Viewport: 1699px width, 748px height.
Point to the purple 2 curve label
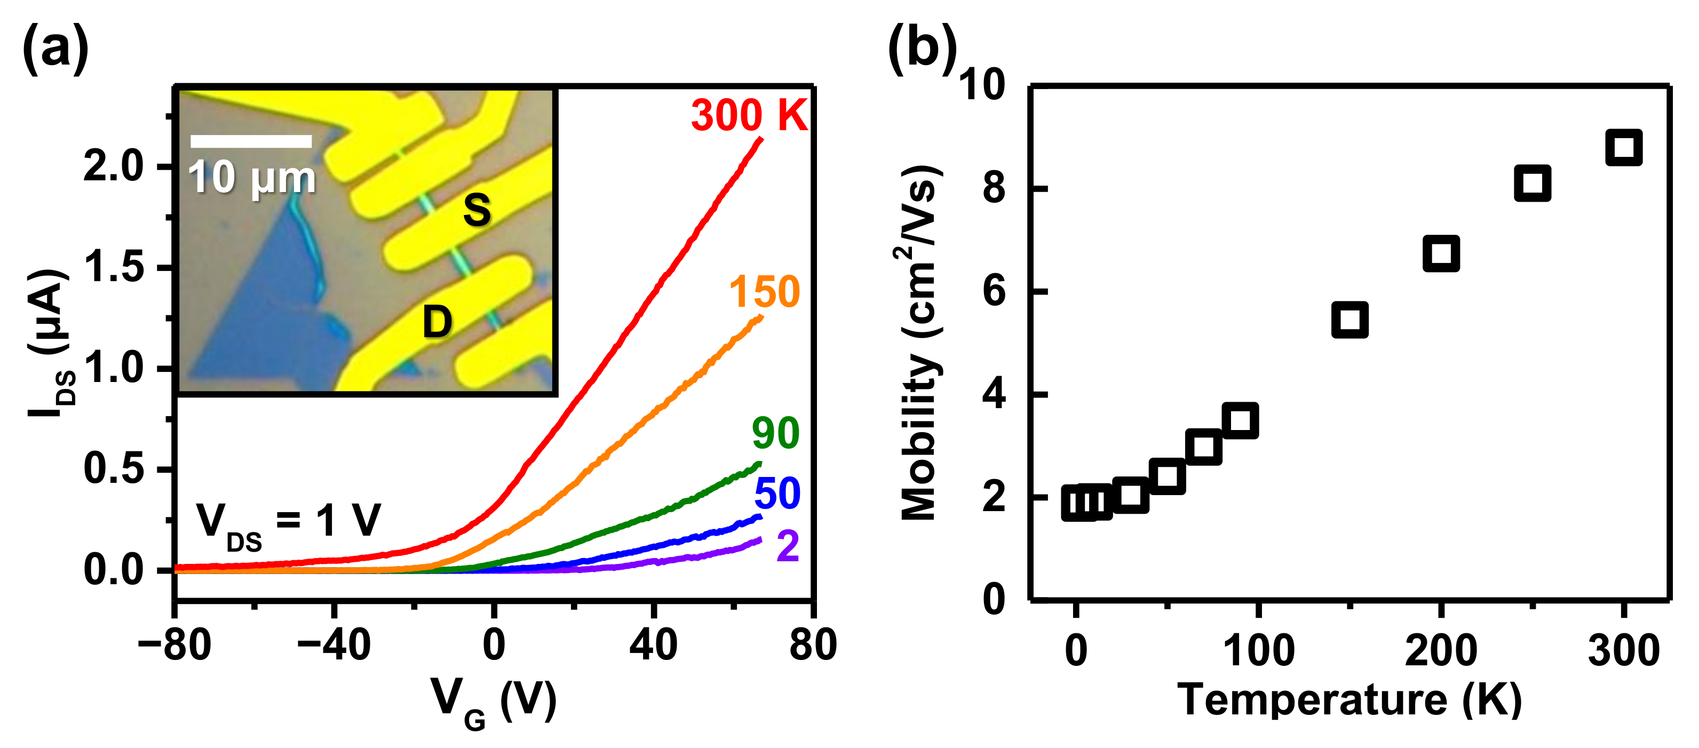(788, 546)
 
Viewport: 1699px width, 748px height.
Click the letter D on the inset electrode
(437, 322)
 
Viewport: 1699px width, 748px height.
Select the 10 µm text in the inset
(252, 178)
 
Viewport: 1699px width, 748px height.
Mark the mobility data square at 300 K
(1623, 147)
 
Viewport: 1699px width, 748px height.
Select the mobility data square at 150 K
(1349, 320)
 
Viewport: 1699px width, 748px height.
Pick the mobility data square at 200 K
(1440, 254)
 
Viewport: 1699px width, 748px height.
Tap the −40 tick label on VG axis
(334, 644)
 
